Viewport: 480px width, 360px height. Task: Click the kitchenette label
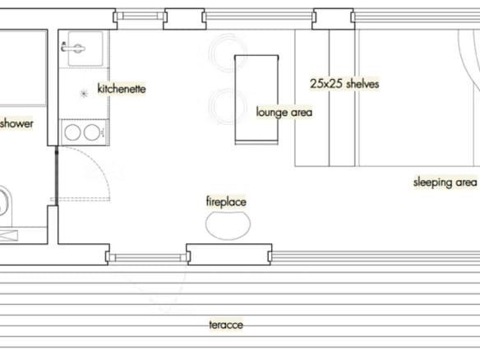(122, 89)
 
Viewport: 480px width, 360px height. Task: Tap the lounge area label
(284, 113)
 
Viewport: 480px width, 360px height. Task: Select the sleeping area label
(445, 182)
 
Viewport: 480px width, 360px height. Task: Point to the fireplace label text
(226, 201)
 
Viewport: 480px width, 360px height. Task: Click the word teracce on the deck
(226, 325)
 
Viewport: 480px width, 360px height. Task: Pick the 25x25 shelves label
(344, 84)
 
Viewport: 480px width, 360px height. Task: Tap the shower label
(16, 123)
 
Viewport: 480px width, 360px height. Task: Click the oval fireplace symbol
(228, 224)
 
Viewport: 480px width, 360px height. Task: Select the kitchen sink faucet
(73, 48)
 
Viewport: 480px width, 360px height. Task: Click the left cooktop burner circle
(72, 133)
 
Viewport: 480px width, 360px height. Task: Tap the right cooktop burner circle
(91, 132)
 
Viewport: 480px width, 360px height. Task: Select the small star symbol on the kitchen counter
(84, 94)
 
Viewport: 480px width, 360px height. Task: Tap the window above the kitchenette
(140, 16)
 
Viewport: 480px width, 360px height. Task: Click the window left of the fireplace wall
(148, 257)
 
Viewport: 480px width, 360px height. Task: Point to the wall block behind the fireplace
(229, 254)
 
